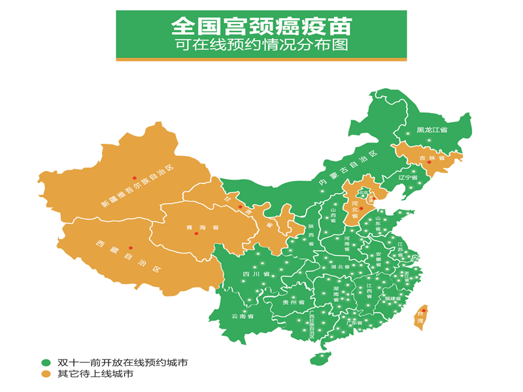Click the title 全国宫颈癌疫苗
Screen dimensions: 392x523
261,26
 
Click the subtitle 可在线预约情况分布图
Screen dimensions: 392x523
261,46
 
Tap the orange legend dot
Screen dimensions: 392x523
46,374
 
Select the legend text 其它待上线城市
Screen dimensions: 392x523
95,374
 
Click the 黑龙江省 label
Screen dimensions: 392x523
432,131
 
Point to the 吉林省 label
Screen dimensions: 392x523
432,158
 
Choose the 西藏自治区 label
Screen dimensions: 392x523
127,257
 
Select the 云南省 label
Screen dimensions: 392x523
243,316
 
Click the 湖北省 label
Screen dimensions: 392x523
341,267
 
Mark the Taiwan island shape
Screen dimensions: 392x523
422,318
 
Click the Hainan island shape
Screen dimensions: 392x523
320,358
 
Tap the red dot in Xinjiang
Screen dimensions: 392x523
134,177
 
